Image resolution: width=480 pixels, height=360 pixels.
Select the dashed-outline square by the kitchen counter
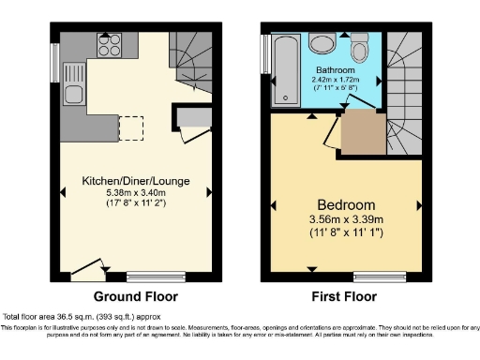point(131,127)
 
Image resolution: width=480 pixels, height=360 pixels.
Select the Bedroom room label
point(345,205)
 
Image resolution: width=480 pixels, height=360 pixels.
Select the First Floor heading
point(345,296)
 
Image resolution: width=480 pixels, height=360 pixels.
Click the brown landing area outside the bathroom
point(362,134)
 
